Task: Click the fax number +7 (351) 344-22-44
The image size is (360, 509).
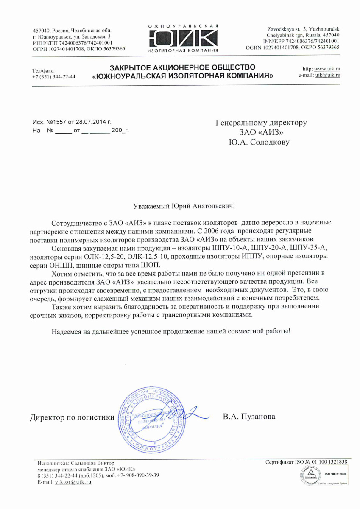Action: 54,77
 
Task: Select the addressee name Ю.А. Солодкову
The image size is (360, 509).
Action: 259,143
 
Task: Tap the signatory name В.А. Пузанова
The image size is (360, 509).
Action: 249,417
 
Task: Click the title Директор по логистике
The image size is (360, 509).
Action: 72,417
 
